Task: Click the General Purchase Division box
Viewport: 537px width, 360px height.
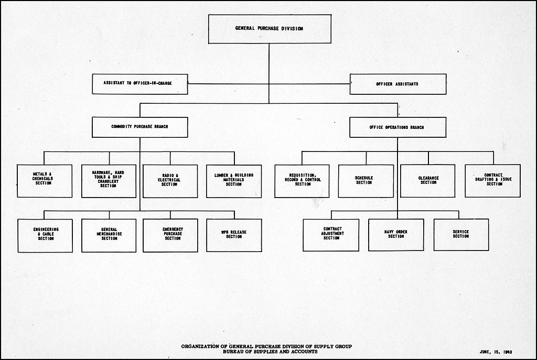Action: point(270,29)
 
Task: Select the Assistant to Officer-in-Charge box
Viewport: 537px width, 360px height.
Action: point(139,84)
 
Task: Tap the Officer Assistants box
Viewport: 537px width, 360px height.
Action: point(398,84)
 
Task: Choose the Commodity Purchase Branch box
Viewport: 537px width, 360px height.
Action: point(139,127)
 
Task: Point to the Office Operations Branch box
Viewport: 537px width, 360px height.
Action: point(398,127)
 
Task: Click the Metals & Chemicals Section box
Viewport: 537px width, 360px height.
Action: point(45,181)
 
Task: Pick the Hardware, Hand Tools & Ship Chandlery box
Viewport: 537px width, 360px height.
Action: point(109,181)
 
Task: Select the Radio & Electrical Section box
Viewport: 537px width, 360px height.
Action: point(170,181)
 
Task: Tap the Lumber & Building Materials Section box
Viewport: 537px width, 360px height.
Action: point(234,181)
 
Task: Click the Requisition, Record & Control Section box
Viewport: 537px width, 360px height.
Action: point(302,181)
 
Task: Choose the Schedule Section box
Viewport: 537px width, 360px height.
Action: point(366,181)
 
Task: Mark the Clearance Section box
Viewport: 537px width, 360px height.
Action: point(428,181)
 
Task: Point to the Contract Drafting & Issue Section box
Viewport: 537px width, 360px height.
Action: point(493,181)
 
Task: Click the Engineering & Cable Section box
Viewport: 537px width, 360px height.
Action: point(45,236)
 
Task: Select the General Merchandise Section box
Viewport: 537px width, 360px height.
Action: point(109,236)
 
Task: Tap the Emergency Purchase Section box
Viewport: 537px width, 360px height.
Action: point(170,235)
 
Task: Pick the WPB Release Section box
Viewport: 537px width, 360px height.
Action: point(234,235)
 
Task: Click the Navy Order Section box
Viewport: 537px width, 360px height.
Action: point(396,235)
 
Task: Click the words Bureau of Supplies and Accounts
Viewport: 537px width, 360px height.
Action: point(270,352)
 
